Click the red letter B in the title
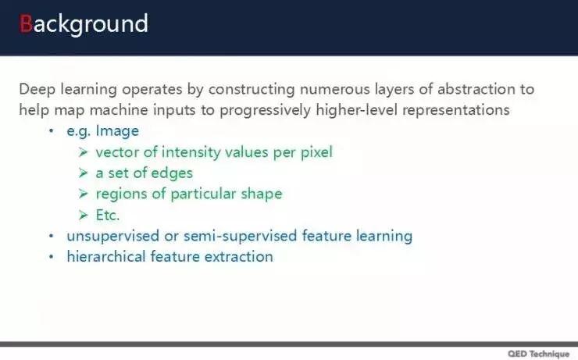tap(26, 24)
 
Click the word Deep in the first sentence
tap(37, 90)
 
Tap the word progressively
tap(266, 110)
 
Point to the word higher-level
tap(356, 109)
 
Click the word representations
tap(456, 110)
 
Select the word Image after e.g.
tap(117, 131)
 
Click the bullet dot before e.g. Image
tap(52, 130)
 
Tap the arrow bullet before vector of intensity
tap(83, 151)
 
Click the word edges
tap(172, 173)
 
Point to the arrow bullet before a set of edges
tap(83, 173)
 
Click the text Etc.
tap(108, 216)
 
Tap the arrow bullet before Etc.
tap(83, 215)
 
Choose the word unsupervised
tap(112, 236)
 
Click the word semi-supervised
tap(240, 236)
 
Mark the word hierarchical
tap(106, 256)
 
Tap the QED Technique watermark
tap(539, 354)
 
